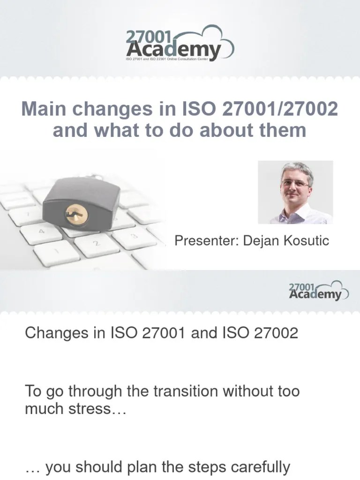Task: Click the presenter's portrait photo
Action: (x=295, y=192)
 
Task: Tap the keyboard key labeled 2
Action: (x=97, y=244)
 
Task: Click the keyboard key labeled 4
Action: (x=41, y=232)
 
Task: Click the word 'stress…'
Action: (x=98, y=409)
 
